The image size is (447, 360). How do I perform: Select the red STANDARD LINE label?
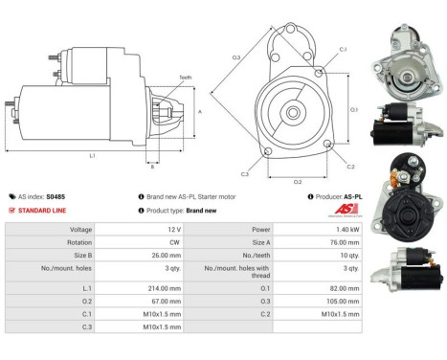[46, 209]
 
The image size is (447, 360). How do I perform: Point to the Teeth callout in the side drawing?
[184, 77]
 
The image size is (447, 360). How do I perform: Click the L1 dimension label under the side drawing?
[91, 155]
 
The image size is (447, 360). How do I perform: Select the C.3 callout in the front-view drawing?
[245, 174]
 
